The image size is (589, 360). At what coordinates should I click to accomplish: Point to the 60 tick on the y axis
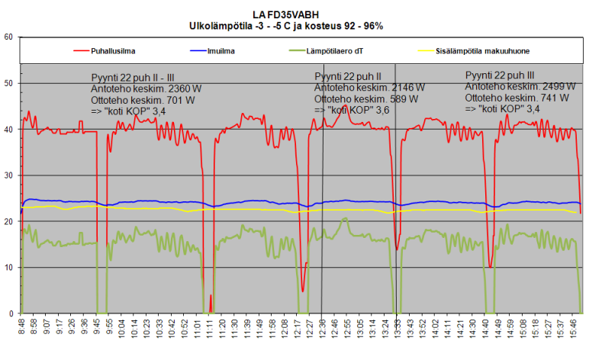pyautogui.click(x=8, y=37)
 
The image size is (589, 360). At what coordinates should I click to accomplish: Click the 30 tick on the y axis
pyautogui.click(x=8, y=175)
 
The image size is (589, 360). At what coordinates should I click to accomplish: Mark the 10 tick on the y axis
pyautogui.click(x=8, y=268)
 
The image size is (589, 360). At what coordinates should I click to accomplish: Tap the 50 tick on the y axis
pyautogui.click(x=8, y=83)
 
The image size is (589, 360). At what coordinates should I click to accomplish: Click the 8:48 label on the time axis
pyautogui.click(x=22, y=332)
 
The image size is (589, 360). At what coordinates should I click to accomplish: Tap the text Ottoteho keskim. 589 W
pyautogui.click(x=366, y=99)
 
